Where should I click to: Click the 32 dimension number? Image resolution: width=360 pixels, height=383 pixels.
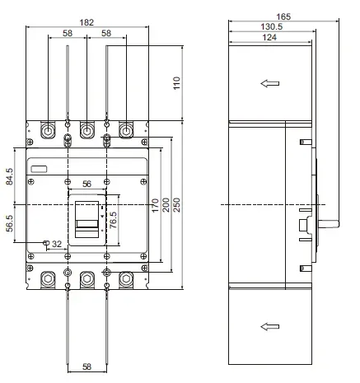pyautogui.click(x=57, y=244)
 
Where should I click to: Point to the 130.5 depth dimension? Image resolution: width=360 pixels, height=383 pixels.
pyautogui.click(x=270, y=27)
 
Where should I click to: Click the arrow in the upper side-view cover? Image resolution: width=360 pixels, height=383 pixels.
pyautogui.click(x=269, y=82)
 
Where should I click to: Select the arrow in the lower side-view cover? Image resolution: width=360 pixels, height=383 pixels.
pyautogui.click(x=269, y=327)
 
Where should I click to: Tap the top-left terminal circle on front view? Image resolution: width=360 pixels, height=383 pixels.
pyautogui.click(x=47, y=131)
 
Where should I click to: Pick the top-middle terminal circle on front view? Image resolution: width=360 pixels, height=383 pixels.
pyautogui.click(x=86, y=131)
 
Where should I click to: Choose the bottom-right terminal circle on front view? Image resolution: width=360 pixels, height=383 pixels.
pyautogui.click(x=126, y=278)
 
